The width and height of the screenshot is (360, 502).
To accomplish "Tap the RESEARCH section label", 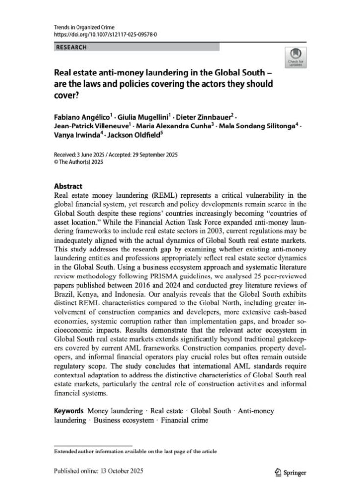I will pos(72,47).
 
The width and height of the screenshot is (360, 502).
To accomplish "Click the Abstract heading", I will pos(69,186).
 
